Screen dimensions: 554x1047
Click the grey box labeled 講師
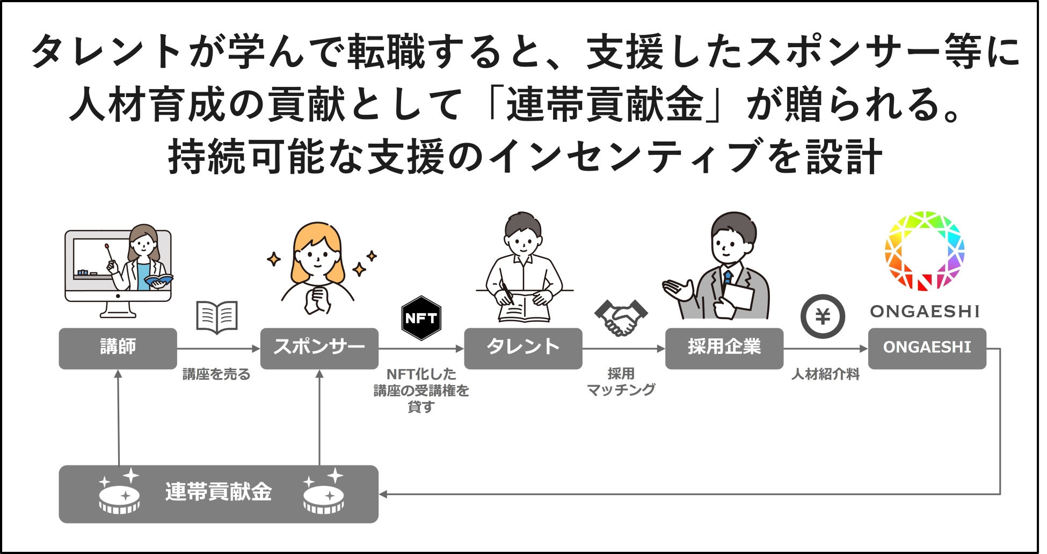pos(118,348)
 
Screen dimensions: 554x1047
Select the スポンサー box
pos(319,348)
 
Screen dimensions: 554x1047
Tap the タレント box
pos(522,348)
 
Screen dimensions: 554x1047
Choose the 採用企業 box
pos(724,348)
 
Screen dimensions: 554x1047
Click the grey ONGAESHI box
pos(927,348)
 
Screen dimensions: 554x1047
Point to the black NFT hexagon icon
pos(421,318)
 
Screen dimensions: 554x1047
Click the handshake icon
pos(621,317)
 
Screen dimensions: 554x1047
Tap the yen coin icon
pos(823,317)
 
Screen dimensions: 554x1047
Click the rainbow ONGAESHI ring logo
pos(924,251)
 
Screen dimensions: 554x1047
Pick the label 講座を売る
pos(216,374)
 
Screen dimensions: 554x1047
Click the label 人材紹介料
pos(825,374)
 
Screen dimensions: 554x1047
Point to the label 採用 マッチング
pos(621,382)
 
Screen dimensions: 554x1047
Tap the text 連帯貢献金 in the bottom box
pos(219,492)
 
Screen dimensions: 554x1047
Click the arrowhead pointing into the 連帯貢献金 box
pos(383,494)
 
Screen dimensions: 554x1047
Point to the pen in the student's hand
pos(507,292)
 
